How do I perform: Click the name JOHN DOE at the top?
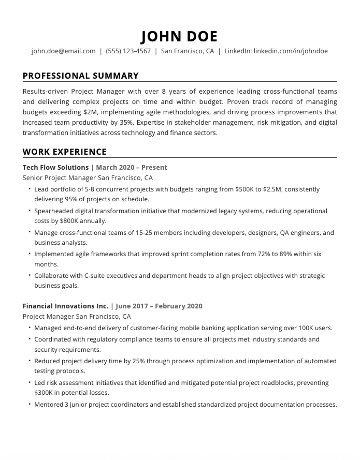pos(180,36)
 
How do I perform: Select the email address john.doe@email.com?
pos(64,51)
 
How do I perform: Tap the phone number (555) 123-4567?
pos(128,51)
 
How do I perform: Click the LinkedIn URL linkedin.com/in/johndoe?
pos(291,51)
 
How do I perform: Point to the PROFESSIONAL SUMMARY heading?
pos(81,76)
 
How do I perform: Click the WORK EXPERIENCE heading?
pos(65,152)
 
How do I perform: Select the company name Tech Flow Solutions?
pos(55,168)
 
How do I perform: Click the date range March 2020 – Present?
pos(132,168)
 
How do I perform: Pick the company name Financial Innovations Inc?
pos(65,306)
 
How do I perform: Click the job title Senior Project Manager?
pos(59,178)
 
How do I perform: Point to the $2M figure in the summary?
pos(92,112)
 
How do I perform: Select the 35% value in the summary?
pos(127,123)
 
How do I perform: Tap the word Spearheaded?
pos(55,211)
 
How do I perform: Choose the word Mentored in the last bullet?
pos(49,405)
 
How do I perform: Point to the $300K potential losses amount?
pos(45,393)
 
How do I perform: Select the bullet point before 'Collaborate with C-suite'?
pos(30,275)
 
